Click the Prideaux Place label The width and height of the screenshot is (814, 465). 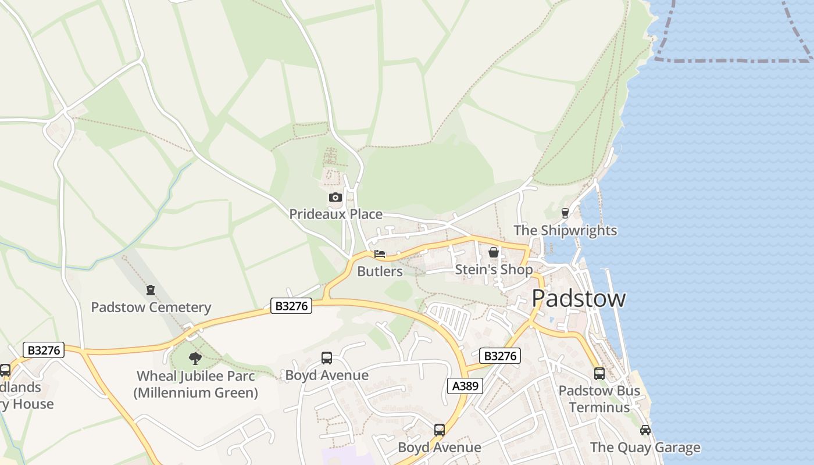335,214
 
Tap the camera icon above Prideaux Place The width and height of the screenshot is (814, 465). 335,198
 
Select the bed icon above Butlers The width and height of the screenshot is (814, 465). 380,255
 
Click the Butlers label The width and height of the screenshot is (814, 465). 380,271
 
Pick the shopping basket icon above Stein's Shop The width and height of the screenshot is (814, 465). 494,252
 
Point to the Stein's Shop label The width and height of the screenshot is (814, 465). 493,270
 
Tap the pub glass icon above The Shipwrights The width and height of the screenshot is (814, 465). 565,213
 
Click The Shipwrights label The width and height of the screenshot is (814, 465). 565,230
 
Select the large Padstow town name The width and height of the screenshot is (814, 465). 579,298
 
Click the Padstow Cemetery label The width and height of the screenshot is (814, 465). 151,307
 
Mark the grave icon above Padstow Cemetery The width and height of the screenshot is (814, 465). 151,289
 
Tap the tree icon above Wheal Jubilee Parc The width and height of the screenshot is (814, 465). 195,358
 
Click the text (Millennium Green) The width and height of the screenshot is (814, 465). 195,393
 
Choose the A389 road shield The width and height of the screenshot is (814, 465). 465,385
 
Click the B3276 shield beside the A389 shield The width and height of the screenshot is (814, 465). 499,356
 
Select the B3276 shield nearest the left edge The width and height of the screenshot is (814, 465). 43,350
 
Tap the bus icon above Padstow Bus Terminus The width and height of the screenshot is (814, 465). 599,374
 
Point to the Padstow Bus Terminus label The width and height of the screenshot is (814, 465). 599,399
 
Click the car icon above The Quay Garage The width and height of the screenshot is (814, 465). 645,430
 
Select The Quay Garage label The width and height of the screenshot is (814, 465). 645,448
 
